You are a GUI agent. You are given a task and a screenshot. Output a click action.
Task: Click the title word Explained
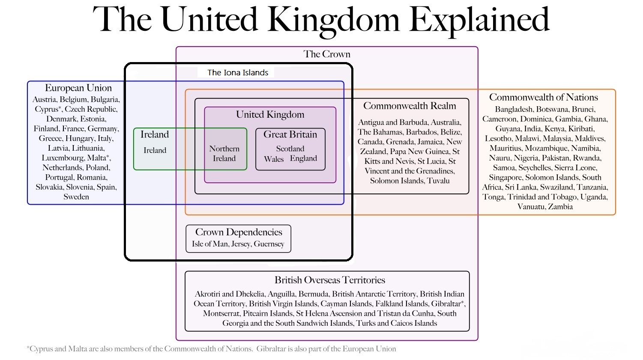point(479,20)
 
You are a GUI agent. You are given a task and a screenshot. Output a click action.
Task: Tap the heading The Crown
point(327,54)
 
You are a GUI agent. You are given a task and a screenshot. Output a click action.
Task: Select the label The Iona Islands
point(238,73)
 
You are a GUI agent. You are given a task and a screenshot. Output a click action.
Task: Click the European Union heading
point(78,88)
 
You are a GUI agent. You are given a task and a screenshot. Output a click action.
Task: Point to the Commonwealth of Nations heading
point(543,97)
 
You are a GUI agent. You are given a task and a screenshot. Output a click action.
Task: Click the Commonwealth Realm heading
point(410,106)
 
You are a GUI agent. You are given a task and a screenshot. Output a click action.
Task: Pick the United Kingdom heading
point(270,114)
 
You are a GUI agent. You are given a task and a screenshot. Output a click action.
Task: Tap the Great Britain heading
point(290,134)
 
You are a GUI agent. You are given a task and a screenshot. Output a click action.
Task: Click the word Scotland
point(290,149)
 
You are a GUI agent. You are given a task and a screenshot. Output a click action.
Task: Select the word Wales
point(274,159)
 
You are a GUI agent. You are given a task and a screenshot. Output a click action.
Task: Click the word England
point(303,158)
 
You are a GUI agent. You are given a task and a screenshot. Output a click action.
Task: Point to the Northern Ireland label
point(224,154)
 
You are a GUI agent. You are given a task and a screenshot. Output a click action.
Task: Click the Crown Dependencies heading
point(239,232)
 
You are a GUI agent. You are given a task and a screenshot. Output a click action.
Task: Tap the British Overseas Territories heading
point(329,280)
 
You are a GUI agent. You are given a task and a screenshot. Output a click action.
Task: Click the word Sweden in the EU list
point(76,197)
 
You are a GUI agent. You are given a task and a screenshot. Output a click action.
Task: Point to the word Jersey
point(241,244)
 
